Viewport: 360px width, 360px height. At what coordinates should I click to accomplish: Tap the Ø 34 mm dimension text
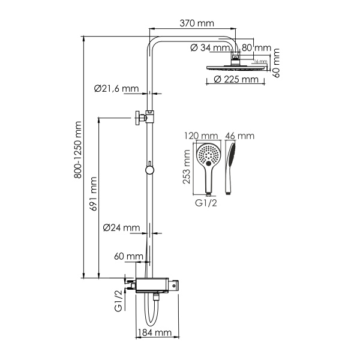(x=210, y=48)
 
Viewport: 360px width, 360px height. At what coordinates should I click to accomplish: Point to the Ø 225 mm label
(x=236, y=79)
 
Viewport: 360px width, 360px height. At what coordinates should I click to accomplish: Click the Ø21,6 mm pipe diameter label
(x=116, y=88)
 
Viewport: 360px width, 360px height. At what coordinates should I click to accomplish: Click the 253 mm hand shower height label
(x=187, y=167)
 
